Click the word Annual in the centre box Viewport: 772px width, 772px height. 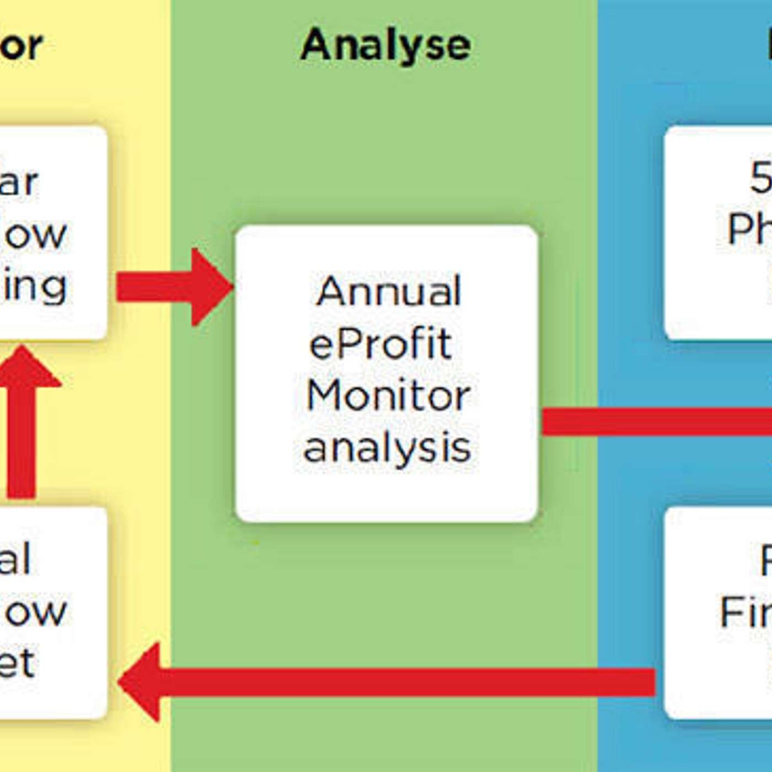[389, 291]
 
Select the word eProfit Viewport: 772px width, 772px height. [380, 344]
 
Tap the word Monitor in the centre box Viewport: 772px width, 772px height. [388, 396]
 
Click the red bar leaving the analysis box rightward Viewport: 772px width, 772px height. [656, 422]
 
